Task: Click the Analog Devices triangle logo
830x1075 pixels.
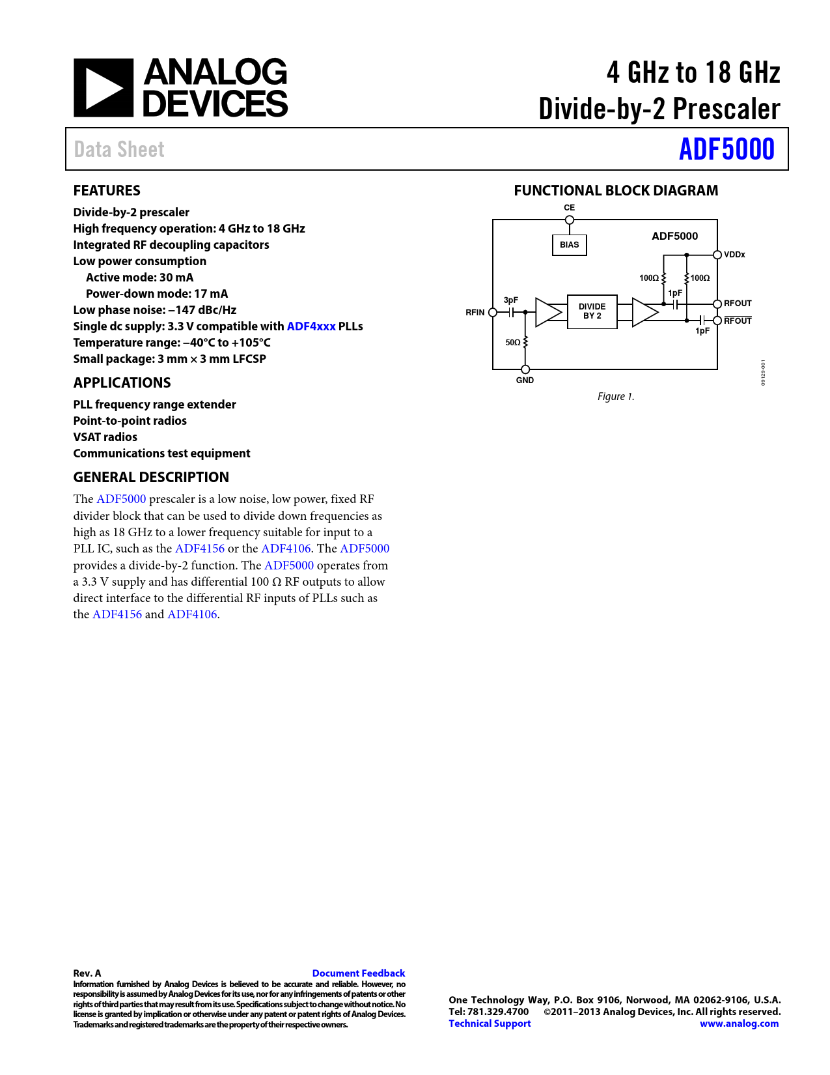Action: coord(103,88)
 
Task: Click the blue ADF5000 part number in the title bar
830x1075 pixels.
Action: coord(726,149)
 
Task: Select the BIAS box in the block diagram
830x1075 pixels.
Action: coord(569,245)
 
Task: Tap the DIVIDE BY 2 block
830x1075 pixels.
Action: coord(592,311)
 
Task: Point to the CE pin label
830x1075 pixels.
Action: coord(569,208)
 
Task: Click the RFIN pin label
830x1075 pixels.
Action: coord(475,313)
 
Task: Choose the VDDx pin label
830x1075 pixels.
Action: coord(734,255)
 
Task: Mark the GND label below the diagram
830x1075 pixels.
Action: coord(525,380)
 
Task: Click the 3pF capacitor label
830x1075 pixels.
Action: coord(511,300)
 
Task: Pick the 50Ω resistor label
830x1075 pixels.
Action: coord(513,343)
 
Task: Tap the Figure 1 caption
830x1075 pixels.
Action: coord(616,397)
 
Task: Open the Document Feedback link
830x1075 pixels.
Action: coord(358,973)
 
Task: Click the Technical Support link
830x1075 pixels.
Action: coord(490,1024)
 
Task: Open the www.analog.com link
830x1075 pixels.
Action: coord(739,1024)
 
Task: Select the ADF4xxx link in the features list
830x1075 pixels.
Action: coord(311,326)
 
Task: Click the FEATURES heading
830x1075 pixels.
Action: coord(107,191)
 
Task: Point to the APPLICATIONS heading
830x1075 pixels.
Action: coord(122,383)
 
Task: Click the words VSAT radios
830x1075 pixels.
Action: coord(105,437)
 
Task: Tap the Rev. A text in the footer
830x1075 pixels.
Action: coord(87,973)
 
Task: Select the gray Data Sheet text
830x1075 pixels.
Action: coord(119,150)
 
